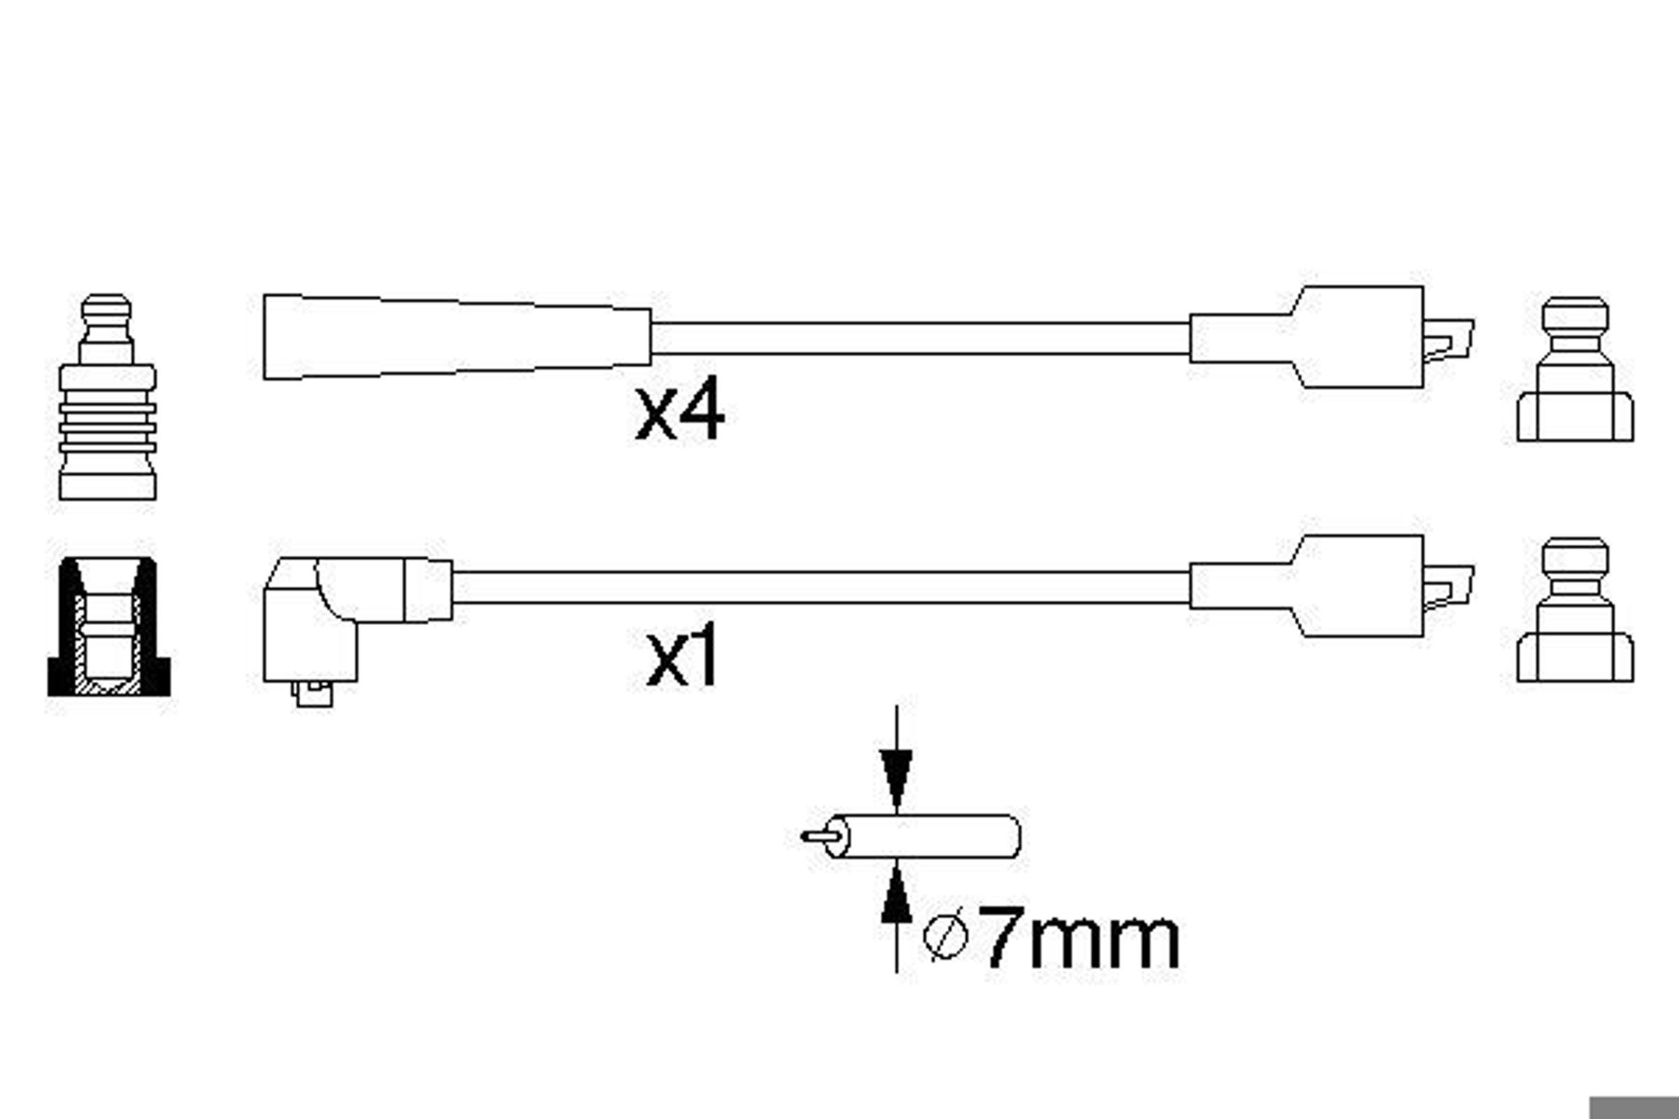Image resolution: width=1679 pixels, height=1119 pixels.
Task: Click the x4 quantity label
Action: pyautogui.click(x=679, y=413)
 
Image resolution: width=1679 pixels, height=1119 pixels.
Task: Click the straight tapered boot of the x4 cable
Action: pyautogui.click(x=457, y=337)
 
